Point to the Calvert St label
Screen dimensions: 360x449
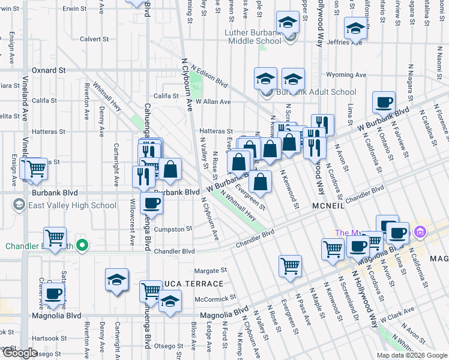94,39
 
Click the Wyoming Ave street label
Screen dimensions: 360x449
346,75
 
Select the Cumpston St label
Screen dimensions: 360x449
172,229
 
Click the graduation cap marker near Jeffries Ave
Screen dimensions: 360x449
355,28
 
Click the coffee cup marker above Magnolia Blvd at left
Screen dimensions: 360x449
53,293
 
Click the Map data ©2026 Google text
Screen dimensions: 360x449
411,355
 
